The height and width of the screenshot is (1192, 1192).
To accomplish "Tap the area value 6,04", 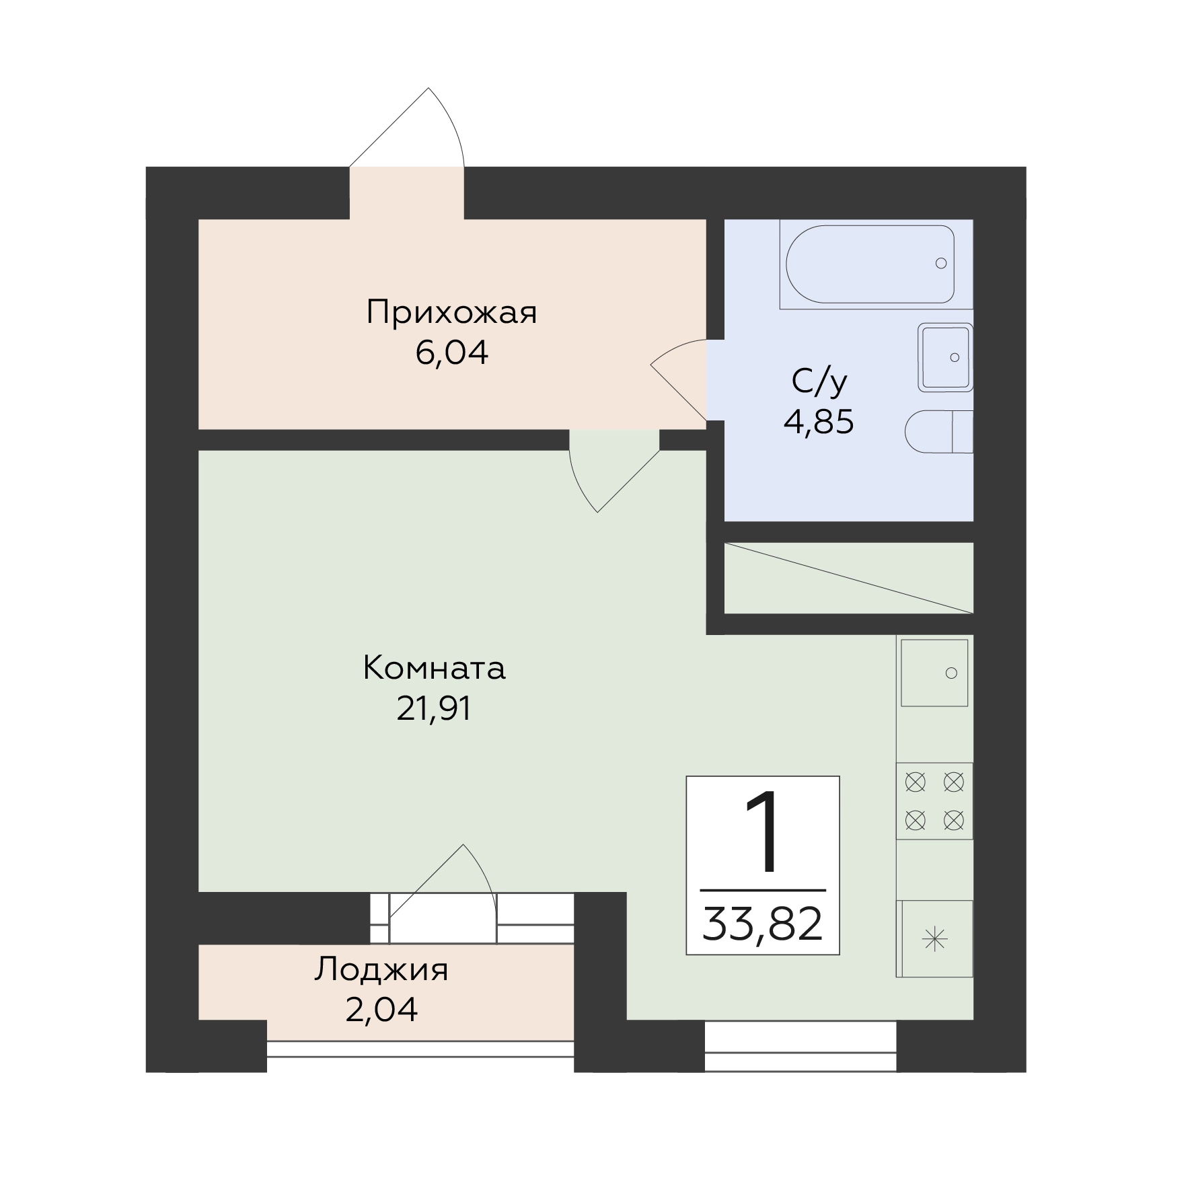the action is pyautogui.click(x=451, y=353).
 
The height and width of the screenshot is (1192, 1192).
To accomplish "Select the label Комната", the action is pyautogui.click(x=434, y=669).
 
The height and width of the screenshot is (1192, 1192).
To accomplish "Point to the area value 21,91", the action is pyautogui.click(x=434, y=708).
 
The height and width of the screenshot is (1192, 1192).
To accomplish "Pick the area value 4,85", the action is pyautogui.click(x=819, y=422).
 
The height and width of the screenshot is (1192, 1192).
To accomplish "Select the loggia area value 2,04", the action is pyautogui.click(x=381, y=1010).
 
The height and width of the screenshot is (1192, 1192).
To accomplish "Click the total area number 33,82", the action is pyautogui.click(x=763, y=924).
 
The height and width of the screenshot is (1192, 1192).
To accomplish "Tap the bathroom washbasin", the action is pyautogui.click(x=946, y=357).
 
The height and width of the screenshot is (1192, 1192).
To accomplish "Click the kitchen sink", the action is pyautogui.click(x=934, y=673).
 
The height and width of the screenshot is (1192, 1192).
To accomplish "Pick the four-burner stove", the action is pyautogui.click(x=934, y=800).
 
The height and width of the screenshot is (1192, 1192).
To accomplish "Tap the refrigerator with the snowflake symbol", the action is pyautogui.click(x=934, y=938).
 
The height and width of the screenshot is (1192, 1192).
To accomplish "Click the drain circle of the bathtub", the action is pyautogui.click(x=941, y=263).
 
